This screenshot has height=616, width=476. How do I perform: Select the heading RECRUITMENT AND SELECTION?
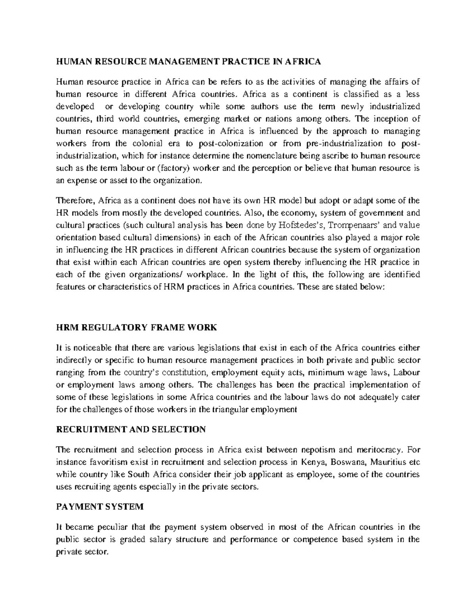[131, 429]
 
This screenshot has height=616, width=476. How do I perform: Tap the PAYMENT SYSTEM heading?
[100, 507]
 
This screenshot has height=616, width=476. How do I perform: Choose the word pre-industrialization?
[344, 143]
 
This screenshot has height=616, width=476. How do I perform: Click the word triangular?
[228, 409]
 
